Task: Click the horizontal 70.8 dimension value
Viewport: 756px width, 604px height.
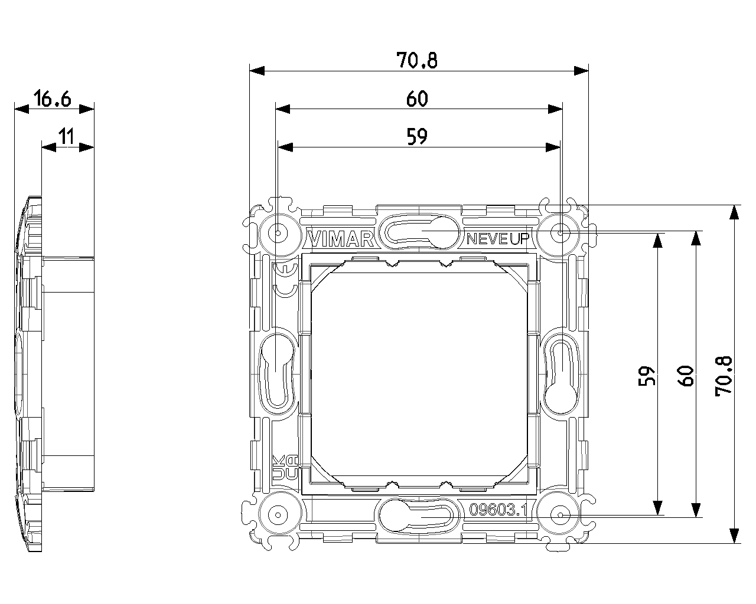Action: tap(416, 60)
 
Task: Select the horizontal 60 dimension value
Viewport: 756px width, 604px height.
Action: tap(417, 99)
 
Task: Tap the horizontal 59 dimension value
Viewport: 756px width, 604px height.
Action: tap(417, 136)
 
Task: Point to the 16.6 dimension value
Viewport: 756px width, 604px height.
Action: tap(53, 99)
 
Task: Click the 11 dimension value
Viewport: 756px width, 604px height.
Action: tap(66, 136)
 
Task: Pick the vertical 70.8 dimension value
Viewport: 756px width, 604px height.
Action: tap(724, 376)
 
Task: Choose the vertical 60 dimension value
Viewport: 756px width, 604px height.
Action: tap(685, 376)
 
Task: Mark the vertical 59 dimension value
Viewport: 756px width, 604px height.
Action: tap(647, 376)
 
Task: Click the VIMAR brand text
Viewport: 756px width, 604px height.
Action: tap(341, 239)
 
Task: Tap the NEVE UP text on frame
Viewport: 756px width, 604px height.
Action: tap(497, 239)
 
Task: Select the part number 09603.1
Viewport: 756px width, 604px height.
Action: tap(498, 510)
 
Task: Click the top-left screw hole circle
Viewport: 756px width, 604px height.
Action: tap(278, 233)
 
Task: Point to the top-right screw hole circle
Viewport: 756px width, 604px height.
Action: tap(560, 233)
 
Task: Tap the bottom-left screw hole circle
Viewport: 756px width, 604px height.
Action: tap(278, 515)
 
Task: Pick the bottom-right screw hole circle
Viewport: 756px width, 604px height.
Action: tap(560, 515)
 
